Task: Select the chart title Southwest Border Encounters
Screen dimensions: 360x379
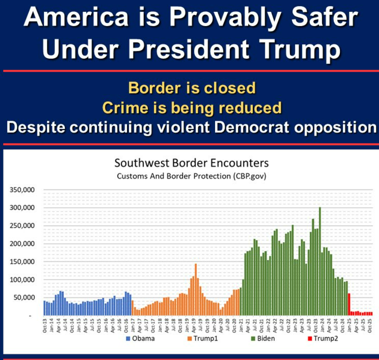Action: click(x=191, y=163)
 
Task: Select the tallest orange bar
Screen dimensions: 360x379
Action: click(x=196, y=289)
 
